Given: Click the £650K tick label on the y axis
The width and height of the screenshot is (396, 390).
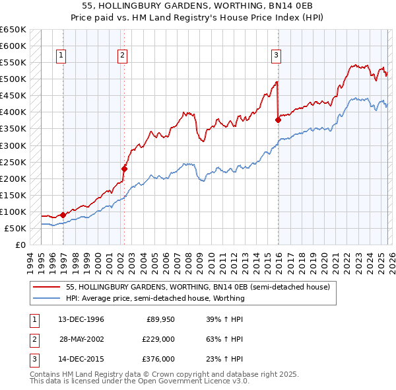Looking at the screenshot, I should click(13, 30).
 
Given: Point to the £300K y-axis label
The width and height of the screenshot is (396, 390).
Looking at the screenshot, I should click(13, 145).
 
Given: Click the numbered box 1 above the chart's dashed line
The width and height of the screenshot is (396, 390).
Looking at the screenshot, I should click(61, 56).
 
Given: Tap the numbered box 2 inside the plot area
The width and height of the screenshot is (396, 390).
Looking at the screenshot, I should click(123, 56).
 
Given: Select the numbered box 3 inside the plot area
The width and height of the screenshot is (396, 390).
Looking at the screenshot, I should click(276, 56).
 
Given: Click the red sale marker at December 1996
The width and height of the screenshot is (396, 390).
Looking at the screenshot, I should click(63, 215).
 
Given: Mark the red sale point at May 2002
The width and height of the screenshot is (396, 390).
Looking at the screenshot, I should click(124, 169).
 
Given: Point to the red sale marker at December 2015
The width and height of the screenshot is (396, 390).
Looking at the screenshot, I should click(278, 120).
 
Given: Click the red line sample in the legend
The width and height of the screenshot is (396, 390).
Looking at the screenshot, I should click(47, 287).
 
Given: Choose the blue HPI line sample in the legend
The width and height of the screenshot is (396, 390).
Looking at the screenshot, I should click(47, 298).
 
